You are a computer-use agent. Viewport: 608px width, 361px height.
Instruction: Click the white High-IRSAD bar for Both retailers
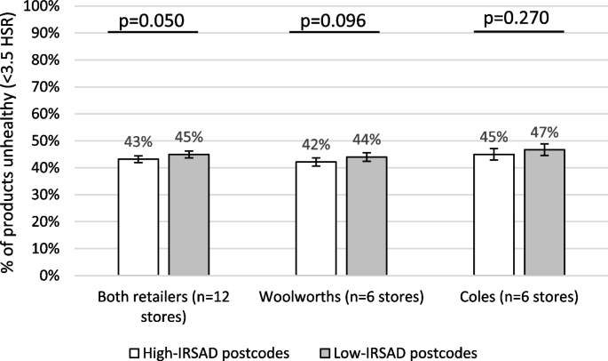[x=138, y=218]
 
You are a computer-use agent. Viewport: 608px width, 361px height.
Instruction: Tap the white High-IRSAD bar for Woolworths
[x=316, y=220]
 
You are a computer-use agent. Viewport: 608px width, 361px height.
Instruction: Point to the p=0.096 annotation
[x=334, y=20]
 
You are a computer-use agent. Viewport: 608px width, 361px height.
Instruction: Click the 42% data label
[x=316, y=145]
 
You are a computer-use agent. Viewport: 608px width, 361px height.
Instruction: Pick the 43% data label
[x=138, y=142]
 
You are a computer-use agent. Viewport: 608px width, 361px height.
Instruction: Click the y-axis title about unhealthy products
[x=11, y=142]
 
